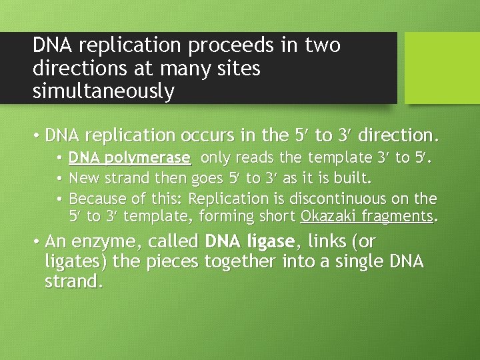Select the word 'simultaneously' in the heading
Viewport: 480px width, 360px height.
tap(103, 91)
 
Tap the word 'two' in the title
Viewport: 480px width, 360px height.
tap(323, 45)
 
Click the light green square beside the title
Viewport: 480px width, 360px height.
tap(442, 67)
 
